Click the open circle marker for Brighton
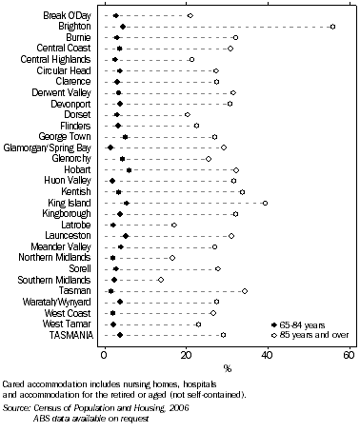(x=332, y=27)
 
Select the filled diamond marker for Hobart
(x=130, y=170)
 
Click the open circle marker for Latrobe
(x=173, y=226)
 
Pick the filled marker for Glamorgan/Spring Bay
(x=110, y=147)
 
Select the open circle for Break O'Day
(x=190, y=16)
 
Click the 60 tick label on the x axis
(x=350, y=355)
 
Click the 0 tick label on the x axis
(x=104, y=355)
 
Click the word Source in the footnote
(x=17, y=405)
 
